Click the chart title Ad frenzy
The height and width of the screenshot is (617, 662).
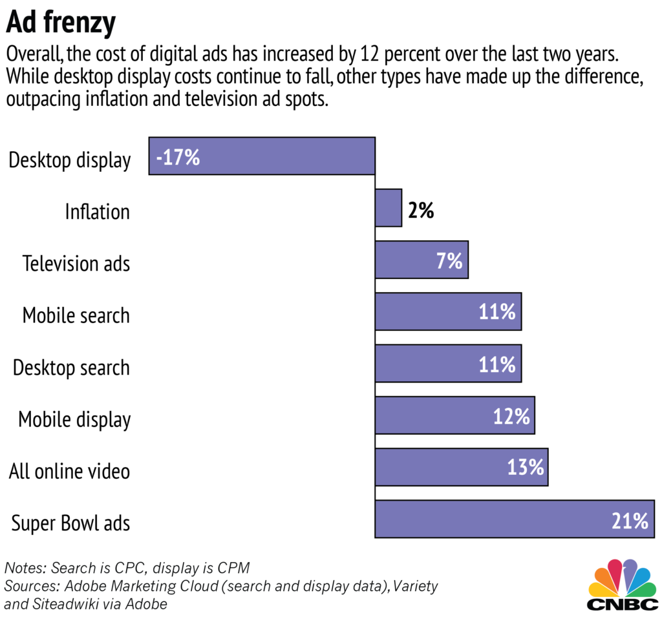pyautogui.click(x=61, y=23)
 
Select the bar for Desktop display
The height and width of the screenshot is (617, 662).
pyautogui.click(x=262, y=156)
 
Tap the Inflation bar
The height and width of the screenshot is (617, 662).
pyautogui.click(x=388, y=208)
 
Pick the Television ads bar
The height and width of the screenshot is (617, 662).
pyautogui.click(x=421, y=260)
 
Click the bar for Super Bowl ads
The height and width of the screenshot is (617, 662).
pyautogui.click(x=514, y=519)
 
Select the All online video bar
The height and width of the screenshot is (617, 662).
pyautogui.click(x=461, y=467)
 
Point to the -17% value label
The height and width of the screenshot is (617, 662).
pyautogui.click(x=178, y=157)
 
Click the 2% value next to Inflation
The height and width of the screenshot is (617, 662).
pyautogui.click(x=420, y=210)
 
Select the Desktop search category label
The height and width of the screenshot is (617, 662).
pyautogui.click(x=71, y=368)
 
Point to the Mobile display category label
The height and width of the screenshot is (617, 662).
pyautogui.click(x=74, y=420)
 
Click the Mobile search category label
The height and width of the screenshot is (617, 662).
pyautogui.click(x=76, y=316)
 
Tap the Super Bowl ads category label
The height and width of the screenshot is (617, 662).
pyautogui.click(x=70, y=523)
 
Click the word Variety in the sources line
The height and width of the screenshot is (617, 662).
pyautogui.click(x=414, y=587)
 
